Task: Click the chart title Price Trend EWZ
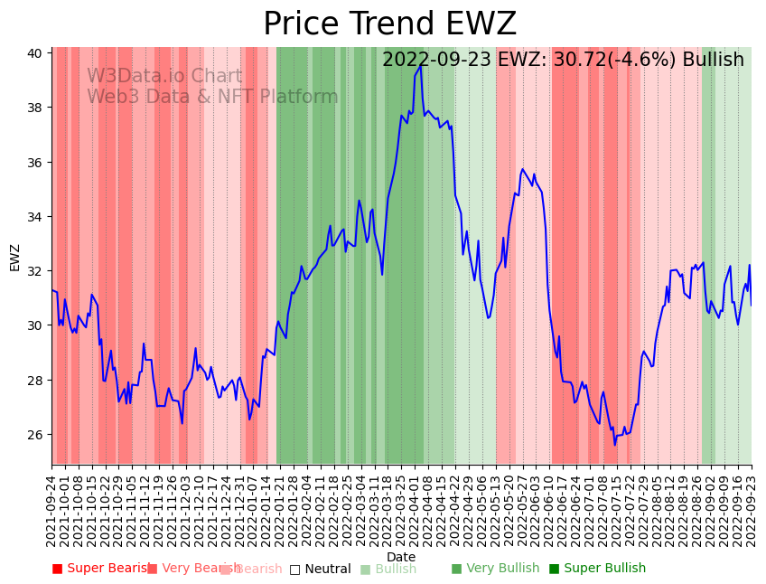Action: coord(389,24)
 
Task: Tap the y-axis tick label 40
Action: coord(33,53)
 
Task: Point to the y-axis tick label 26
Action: coord(33,435)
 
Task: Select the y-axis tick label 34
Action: coord(33,217)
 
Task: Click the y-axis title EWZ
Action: coord(15,258)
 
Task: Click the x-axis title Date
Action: coord(401,557)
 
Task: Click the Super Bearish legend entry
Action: coord(101,569)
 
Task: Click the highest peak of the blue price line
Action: coord(420,65)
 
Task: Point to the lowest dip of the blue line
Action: coord(615,445)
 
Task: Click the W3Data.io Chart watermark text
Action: coord(164,77)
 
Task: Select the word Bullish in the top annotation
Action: coord(713,60)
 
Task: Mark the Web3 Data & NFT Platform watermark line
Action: coord(212,97)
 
